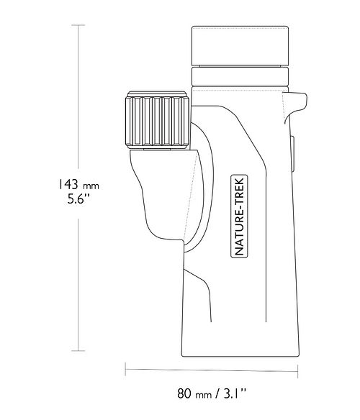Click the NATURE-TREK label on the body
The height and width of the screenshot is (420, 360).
pyautogui.click(x=239, y=216)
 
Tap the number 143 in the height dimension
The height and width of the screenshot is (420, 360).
pyautogui.click(x=68, y=184)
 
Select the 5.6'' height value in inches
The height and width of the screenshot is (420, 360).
pyautogui.click(x=78, y=198)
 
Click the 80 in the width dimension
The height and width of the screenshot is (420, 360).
pyautogui.click(x=184, y=393)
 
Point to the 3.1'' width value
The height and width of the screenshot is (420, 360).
pyautogui.click(x=233, y=393)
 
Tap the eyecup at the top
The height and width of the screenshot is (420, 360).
pyautogui.click(x=240, y=46)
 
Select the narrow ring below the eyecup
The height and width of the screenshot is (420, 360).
pyautogui.click(x=240, y=76)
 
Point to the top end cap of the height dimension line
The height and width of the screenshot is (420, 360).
pyautogui.click(x=78, y=25)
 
